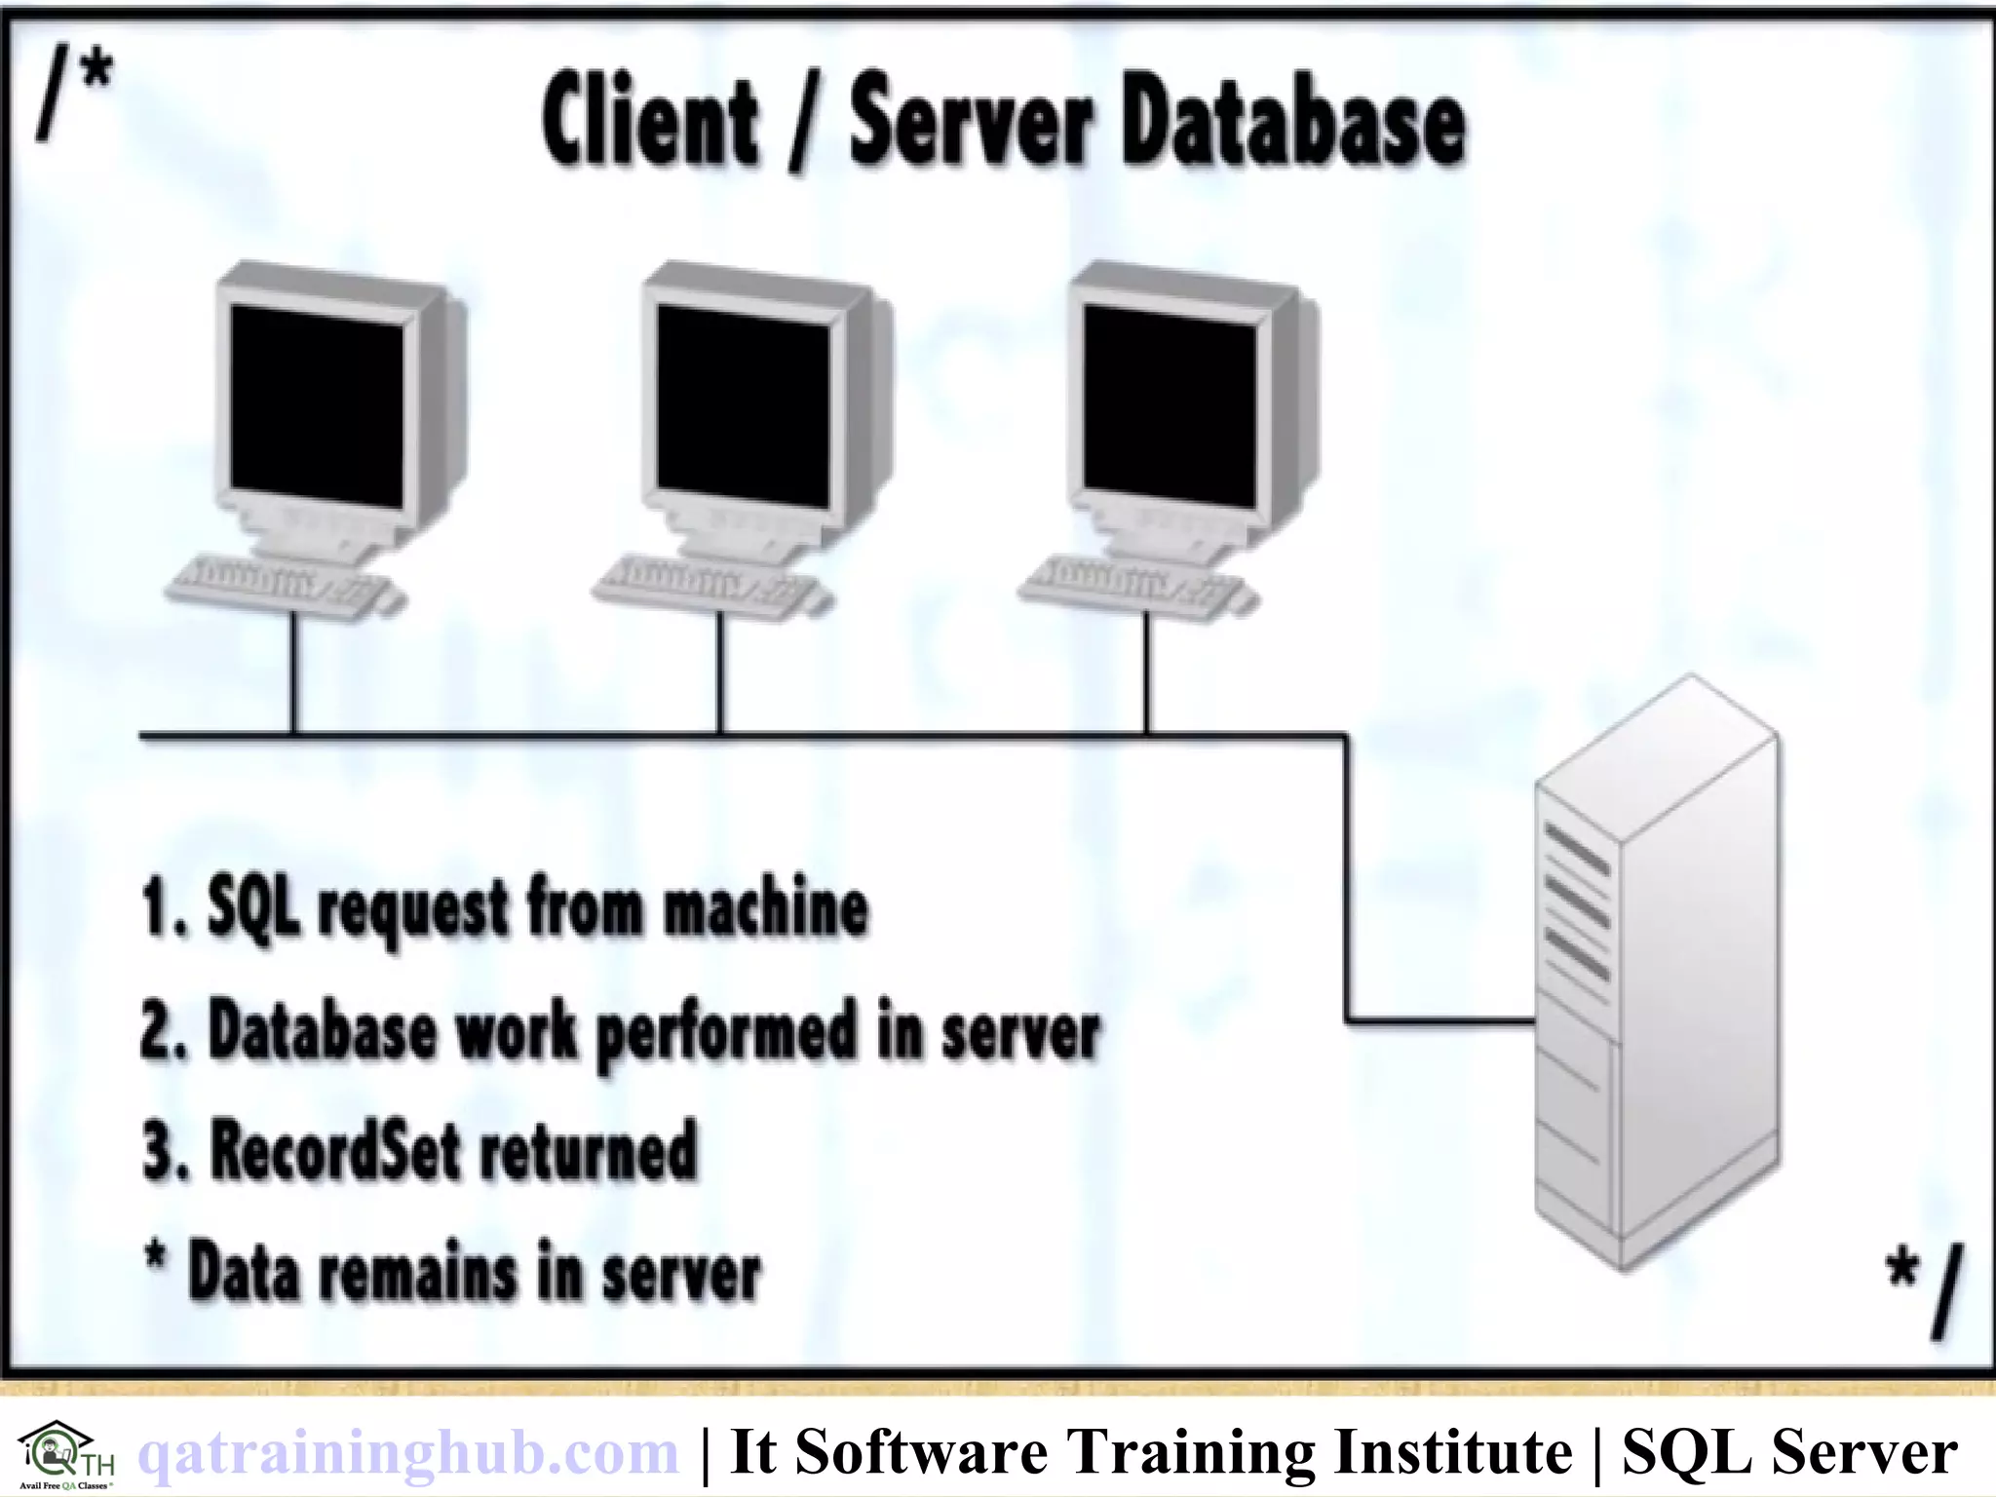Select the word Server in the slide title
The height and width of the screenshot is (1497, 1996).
click(970, 125)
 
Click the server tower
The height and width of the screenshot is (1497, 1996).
click(1657, 975)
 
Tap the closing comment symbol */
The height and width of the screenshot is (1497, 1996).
click(1922, 1288)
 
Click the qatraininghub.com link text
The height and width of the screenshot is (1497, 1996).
click(408, 1452)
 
